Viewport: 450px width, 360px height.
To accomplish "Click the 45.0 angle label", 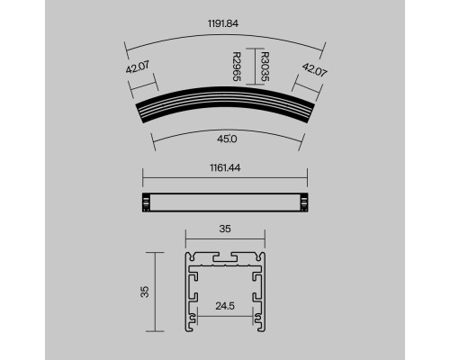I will [226, 139].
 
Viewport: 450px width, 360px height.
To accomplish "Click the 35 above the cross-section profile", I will [226, 229].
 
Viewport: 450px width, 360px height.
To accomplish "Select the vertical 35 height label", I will [145, 290].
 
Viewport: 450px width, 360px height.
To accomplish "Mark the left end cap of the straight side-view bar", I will [146, 203].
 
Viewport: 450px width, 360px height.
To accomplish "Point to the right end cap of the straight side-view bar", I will [305, 203].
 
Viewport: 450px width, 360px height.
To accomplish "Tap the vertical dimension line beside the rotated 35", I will [157, 290].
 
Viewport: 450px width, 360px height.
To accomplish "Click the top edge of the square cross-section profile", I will [225, 251].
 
